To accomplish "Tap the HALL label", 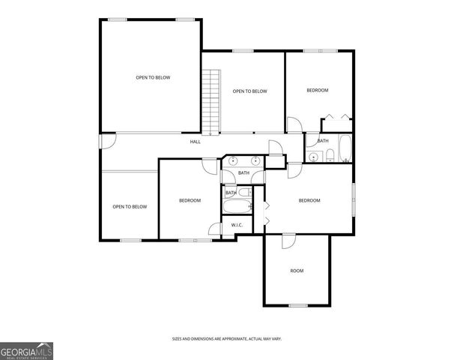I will click(195, 141).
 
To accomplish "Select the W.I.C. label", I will click(236, 225).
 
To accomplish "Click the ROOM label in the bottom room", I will click(297, 271).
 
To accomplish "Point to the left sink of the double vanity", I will click(234, 160).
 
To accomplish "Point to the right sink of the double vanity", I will click(255, 160).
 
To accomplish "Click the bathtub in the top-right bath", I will click(345, 148).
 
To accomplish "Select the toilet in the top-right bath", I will click(329, 156).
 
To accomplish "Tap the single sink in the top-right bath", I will click(312, 157).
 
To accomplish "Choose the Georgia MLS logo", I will click(26, 351).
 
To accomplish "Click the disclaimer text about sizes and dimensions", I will click(226, 340).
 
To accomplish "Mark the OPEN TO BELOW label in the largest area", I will click(152, 77).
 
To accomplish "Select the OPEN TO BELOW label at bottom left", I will click(130, 207).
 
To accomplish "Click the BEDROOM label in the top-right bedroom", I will click(318, 91).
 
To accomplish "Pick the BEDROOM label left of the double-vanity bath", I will click(190, 200).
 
